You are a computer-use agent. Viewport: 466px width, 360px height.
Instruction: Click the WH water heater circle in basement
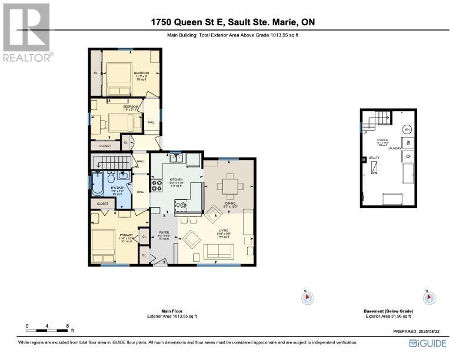pyautogui.click(x=407, y=129)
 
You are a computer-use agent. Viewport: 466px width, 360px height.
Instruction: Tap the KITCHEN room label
pyautogui.click(x=176, y=179)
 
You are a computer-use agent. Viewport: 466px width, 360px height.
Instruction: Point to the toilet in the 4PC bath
pyautogui.click(x=111, y=176)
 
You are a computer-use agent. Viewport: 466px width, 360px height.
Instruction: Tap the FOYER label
pyautogui.click(x=164, y=233)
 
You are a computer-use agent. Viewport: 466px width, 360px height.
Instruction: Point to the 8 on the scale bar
pyautogui.click(x=68, y=325)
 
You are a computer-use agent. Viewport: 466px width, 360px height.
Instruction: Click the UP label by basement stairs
pyautogui.click(x=365, y=132)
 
